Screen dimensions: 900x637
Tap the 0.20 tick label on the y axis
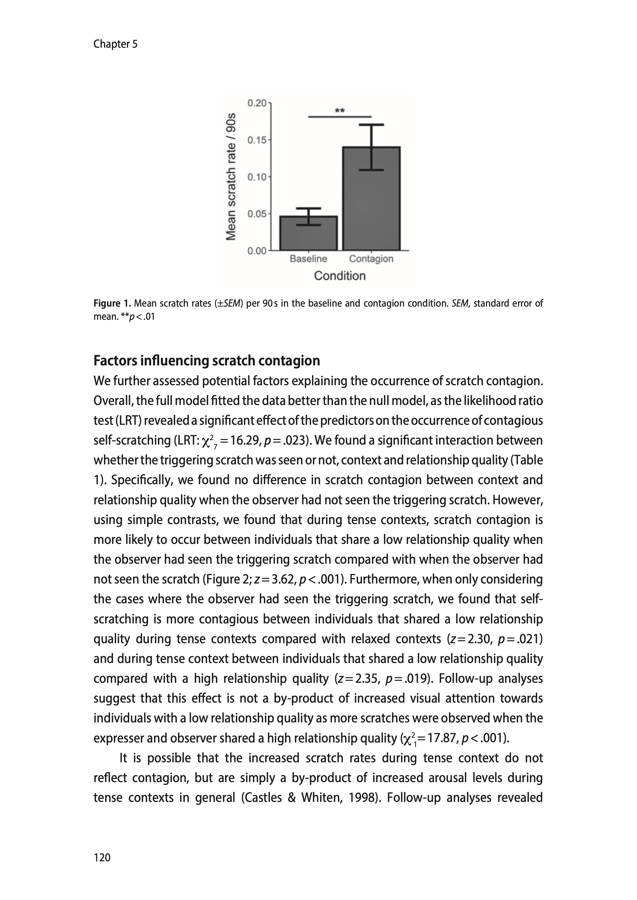point(257,103)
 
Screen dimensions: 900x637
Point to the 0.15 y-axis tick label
point(257,140)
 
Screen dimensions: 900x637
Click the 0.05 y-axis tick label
point(257,214)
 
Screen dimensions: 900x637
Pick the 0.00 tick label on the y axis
point(257,251)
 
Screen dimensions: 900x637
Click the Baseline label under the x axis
point(308,259)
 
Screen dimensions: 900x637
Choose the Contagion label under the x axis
point(371,259)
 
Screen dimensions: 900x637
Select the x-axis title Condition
point(340,276)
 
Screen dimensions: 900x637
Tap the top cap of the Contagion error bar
point(371,125)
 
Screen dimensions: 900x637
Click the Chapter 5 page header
point(115,44)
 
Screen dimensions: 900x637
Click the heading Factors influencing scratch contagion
point(207,360)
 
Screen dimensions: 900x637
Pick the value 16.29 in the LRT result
point(245,440)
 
